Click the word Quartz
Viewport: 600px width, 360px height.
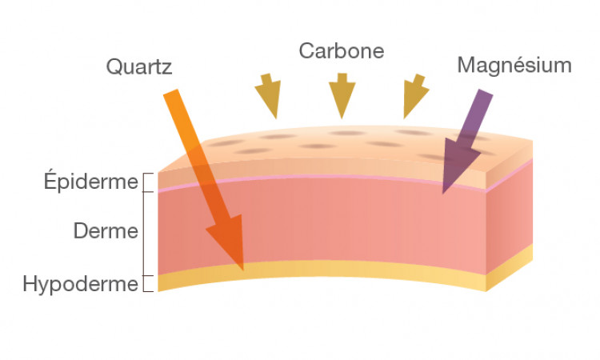tap(139, 67)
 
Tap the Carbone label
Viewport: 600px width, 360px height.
tap(342, 51)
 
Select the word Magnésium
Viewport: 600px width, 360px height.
tap(514, 66)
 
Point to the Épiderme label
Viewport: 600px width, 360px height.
tap(90, 182)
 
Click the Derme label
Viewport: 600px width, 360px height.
tap(106, 231)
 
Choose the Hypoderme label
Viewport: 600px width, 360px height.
tap(80, 284)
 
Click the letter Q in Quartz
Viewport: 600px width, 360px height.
tap(114, 67)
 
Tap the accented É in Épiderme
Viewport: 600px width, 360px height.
tap(50, 180)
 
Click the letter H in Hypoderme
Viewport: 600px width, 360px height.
tap(30, 284)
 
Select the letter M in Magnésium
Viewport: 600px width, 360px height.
tap(466, 66)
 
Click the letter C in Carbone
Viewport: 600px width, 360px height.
tap(307, 51)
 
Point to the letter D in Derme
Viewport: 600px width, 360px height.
tap(81, 231)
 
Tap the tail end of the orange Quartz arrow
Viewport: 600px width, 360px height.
tap(170, 92)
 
